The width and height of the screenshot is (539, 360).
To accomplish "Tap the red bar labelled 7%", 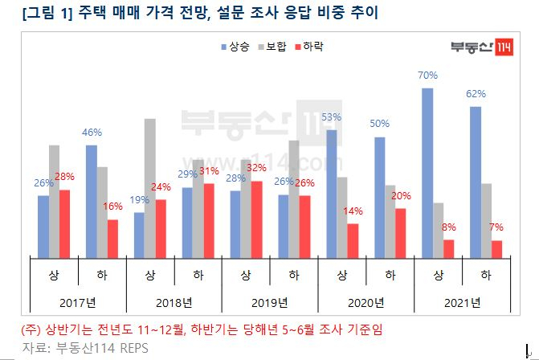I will [497, 249].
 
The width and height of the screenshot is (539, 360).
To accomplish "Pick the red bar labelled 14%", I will [353, 241].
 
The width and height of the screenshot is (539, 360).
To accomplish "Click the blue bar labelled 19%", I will [139, 235].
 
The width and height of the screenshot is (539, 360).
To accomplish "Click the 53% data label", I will [331, 117].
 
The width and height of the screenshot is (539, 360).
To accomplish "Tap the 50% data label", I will [379, 124].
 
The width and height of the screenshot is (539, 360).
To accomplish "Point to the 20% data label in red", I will [400, 195].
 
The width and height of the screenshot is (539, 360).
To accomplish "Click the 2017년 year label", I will [80, 303].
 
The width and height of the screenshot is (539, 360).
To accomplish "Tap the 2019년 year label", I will [271, 303].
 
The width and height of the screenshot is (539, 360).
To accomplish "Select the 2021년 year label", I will [463, 303].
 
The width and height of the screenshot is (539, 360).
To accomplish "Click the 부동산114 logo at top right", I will [479, 47].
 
